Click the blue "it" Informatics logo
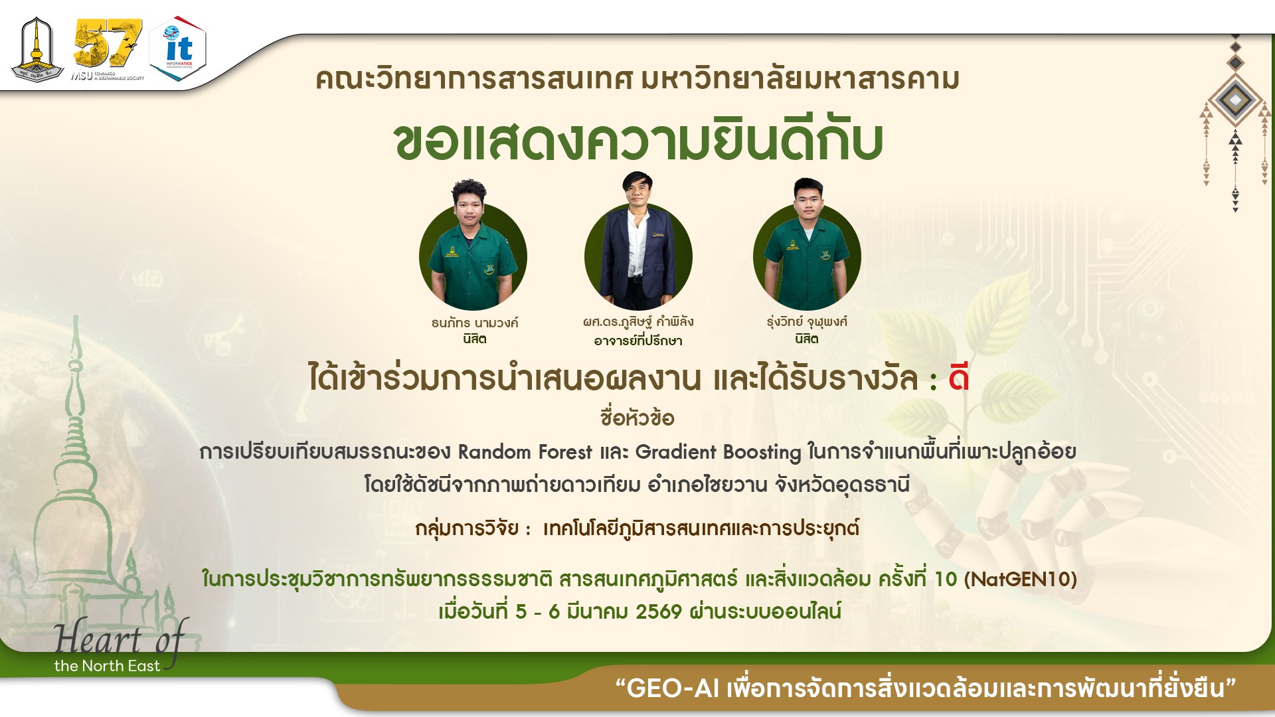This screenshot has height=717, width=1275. pyautogui.click(x=178, y=48)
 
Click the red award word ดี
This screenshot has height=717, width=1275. pyautogui.click(x=958, y=378)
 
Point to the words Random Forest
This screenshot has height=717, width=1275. pyautogui.click(x=525, y=452)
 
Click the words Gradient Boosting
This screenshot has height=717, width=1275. pyautogui.click(x=718, y=452)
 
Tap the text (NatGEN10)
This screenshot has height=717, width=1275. pyautogui.click(x=1020, y=579)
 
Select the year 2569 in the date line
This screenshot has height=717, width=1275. pyautogui.click(x=658, y=611)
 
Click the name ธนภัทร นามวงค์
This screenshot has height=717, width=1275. pyautogui.click(x=474, y=323)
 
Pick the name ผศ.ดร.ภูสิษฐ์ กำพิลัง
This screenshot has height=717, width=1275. pyautogui.click(x=638, y=322)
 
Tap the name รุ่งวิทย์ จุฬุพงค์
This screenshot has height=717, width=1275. pyautogui.click(x=807, y=322)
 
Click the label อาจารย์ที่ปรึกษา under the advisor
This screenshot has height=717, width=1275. pyautogui.click(x=638, y=341)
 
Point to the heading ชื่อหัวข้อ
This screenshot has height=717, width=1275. pyautogui.click(x=637, y=418)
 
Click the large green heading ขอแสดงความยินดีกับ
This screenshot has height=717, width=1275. pyautogui.click(x=637, y=141)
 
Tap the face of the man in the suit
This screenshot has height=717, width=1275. pyautogui.click(x=637, y=193)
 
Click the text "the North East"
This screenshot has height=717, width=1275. pyautogui.click(x=107, y=666)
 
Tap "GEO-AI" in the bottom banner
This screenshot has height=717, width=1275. pyautogui.click(x=673, y=688)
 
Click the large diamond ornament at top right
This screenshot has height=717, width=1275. pyautogui.click(x=1235, y=100)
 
